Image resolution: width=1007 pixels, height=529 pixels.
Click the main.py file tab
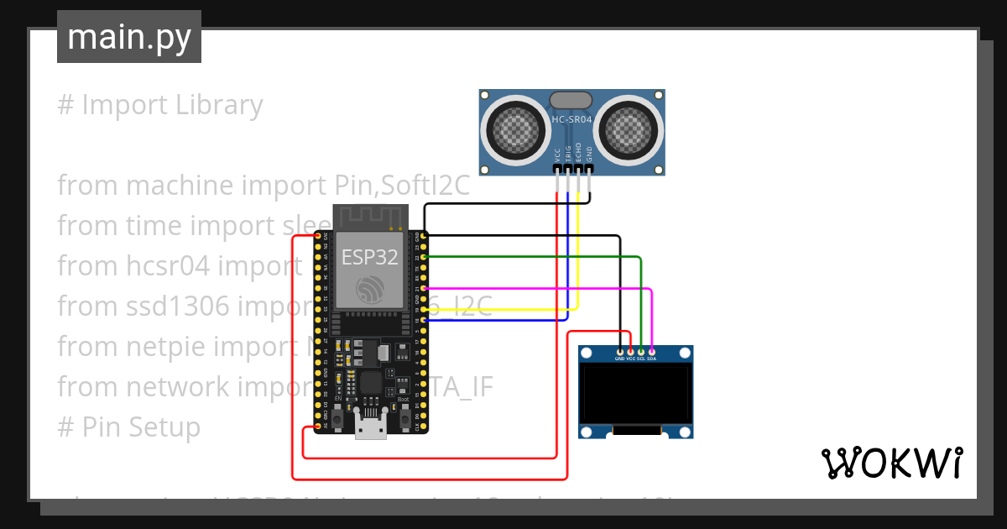point(128,37)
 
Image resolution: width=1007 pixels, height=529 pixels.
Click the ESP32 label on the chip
point(369,257)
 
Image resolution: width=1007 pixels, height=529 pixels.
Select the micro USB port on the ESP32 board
point(370,426)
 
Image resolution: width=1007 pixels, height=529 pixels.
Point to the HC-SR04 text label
point(571,120)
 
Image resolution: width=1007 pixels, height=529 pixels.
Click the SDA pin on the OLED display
point(651,352)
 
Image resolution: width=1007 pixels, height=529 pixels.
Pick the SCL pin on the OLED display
point(641,352)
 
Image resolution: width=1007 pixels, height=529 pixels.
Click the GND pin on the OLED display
point(620,352)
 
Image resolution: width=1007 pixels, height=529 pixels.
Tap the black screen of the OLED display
point(636,395)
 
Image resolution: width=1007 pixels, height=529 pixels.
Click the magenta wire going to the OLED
point(537,288)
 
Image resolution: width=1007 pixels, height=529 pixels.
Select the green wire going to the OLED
point(537,257)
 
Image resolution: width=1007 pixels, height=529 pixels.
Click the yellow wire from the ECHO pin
point(503,310)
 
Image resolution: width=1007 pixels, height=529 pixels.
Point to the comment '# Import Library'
point(159,105)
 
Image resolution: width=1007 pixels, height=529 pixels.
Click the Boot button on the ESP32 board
point(402,413)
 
